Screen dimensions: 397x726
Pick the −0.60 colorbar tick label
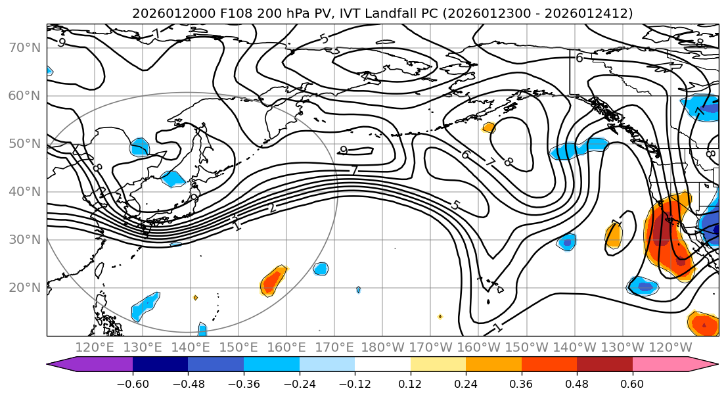click(133, 382)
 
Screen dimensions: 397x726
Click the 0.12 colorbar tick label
click(410, 382)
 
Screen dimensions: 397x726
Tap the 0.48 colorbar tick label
click(577, 382)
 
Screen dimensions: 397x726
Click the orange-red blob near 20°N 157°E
click(273, 281)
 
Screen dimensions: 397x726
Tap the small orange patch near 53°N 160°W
click(488, 128)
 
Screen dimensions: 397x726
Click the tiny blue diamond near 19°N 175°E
click(358, 290)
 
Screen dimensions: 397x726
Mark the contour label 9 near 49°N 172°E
click(344, 151)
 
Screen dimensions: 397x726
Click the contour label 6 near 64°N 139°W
click(579, 58)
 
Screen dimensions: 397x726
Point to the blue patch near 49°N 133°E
click(140, 147)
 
